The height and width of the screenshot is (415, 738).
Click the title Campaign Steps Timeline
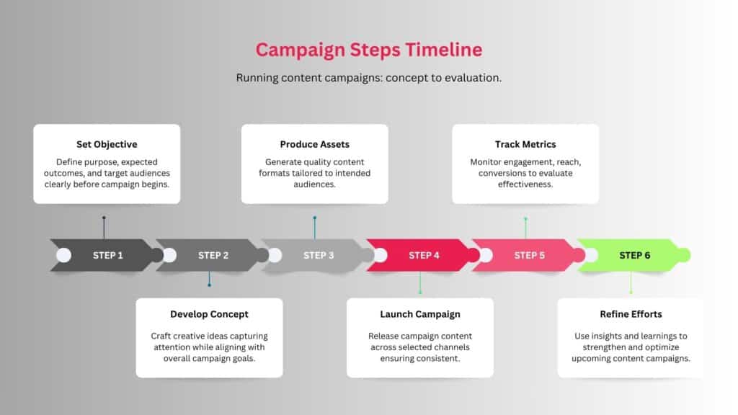click(369, 50)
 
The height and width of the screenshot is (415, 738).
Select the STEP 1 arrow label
click(108, 256)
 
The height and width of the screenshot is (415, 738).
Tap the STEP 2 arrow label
click(213, 256)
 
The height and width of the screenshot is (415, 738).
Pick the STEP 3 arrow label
click(319, 256)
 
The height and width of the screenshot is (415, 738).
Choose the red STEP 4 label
click(424, 256)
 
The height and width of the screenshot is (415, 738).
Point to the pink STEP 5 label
click(530, 256)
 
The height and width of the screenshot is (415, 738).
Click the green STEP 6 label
click(635, 256)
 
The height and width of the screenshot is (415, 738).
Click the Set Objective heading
click(107, 144)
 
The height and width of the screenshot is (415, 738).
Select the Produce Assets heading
click(315, 144)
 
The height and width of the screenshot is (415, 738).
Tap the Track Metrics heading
click(525, 144)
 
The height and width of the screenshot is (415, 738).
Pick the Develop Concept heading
click(210, 314)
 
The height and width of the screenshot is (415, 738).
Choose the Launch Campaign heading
click(420, 314)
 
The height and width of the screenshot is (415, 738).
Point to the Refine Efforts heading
click(631, 314)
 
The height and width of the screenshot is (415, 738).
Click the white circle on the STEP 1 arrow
click(63, 256)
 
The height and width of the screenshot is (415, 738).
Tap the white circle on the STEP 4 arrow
click(381, 256)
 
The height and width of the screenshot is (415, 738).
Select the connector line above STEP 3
click(315, 228)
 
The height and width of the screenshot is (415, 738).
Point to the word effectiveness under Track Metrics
click(525, 184)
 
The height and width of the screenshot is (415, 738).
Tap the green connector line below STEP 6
click(631, 282)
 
